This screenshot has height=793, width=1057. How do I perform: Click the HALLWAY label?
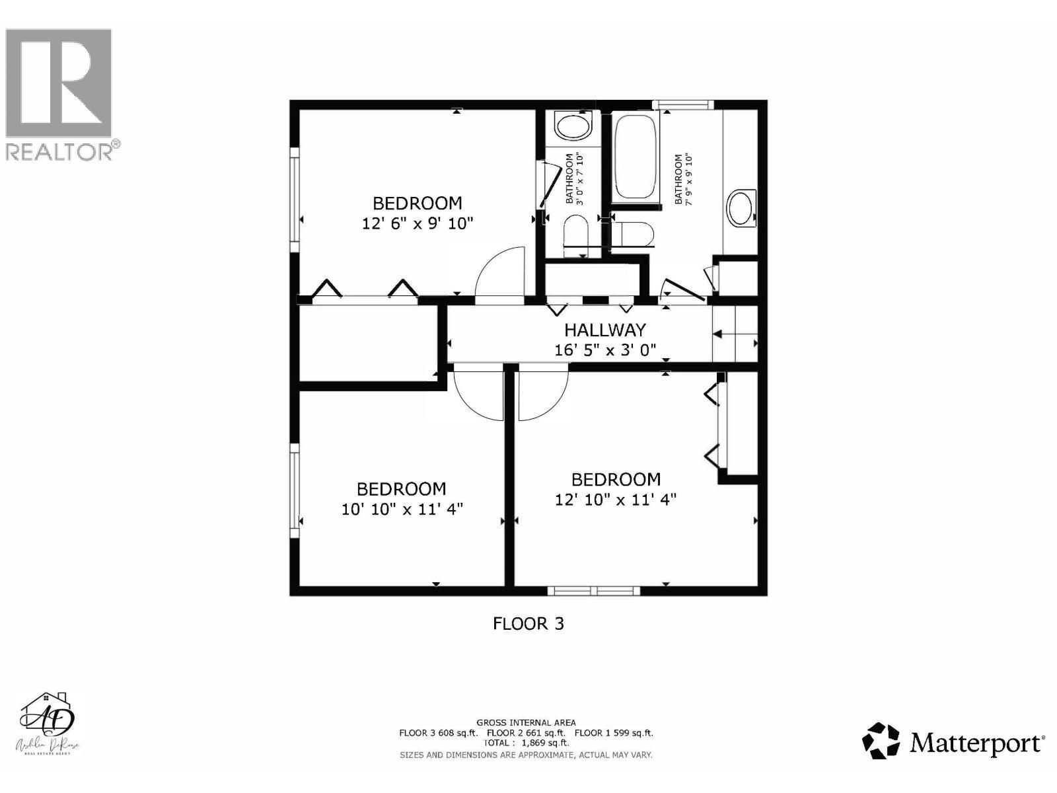click(604, 330)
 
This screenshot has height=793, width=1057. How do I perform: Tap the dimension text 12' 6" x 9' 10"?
click(418, 223)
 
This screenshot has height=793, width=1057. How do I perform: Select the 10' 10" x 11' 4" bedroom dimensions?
click(402, 510)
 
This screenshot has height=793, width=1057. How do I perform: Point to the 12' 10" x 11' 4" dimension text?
click(616, 500)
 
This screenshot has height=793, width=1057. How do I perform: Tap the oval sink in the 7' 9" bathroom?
click(741, 209)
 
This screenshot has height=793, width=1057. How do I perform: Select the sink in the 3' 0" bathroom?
click(572, 126)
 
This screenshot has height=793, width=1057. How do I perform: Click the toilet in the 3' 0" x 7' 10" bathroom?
click(576, 236)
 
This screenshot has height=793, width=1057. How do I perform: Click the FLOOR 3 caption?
click(528, 623)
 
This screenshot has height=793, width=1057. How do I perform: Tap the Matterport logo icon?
click(882, 741)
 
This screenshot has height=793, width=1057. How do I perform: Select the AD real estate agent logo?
click(49, 724)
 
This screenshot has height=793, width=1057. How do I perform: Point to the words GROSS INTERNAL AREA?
click(526, 723)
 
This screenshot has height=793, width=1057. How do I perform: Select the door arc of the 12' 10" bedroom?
click(543, 395)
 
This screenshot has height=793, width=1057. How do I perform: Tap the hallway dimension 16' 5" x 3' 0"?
click(604, 350)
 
